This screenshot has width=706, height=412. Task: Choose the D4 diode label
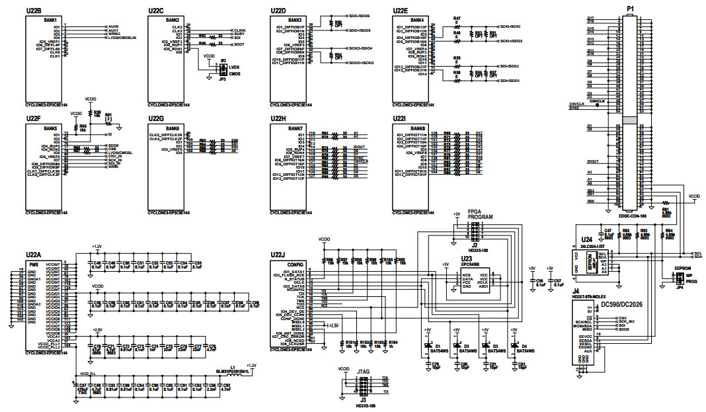click(524, 346)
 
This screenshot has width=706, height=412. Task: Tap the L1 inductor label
click(233, 367)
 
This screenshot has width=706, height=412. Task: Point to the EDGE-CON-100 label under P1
click(632, 216)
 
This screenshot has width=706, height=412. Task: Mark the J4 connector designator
click(576, 291)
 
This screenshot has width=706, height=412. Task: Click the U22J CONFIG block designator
click(278, 255)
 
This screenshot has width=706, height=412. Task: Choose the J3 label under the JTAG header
click(362, 400)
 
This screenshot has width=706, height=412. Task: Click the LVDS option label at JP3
click(233, 67)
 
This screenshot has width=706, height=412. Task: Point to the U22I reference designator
click(399, 118)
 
